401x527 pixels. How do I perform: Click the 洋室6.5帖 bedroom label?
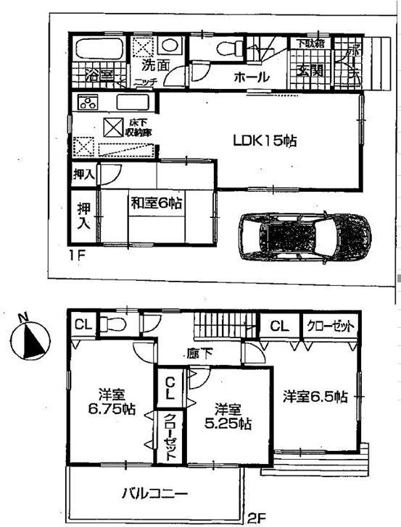315,397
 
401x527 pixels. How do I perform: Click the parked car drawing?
304,236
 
